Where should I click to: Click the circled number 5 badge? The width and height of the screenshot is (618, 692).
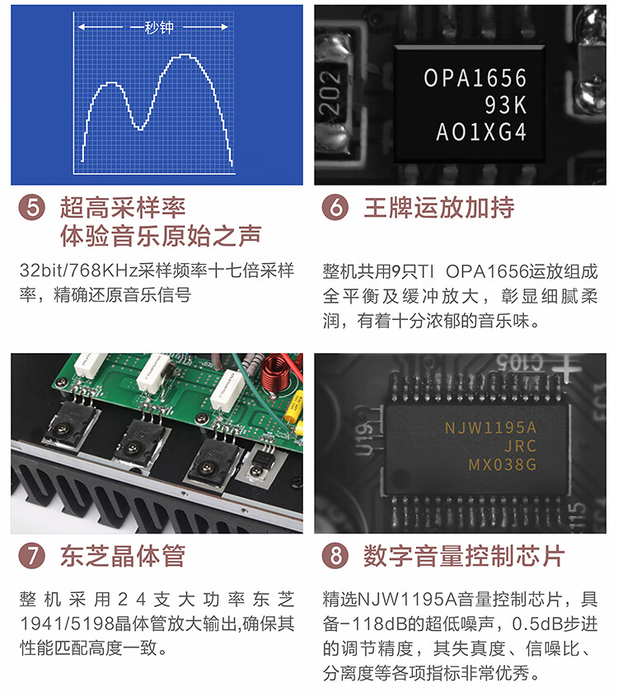point(32,207)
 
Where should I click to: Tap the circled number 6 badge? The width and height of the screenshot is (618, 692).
point(335,207)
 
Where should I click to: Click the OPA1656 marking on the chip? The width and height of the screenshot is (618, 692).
point(475,78)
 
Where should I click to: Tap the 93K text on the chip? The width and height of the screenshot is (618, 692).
point(506,105)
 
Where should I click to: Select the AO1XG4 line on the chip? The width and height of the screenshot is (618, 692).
point(481,132)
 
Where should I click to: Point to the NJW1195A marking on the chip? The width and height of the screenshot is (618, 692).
point(490,427)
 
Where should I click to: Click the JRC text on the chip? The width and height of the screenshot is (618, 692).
point(521,446)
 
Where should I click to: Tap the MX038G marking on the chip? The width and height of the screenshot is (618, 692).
point(503,464)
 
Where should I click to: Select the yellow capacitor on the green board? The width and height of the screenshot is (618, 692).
point(294,407)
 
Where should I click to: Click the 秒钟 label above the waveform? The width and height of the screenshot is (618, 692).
point(159,27)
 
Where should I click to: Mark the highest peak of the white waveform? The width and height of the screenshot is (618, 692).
point(185,54)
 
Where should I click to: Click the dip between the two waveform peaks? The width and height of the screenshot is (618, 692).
point(140,129)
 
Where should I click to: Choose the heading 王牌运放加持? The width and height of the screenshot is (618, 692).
point(438,207)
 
